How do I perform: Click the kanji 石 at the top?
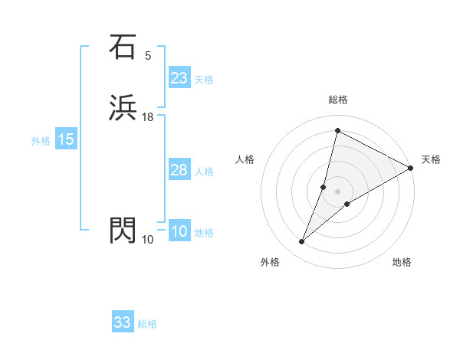click(123, 47)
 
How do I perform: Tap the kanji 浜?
click(123, 108)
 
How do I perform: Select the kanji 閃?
click(123, 230)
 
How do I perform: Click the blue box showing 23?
click(179, 78)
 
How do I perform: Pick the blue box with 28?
click(179, 170)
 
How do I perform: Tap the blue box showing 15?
click(65, 139)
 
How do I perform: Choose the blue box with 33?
click(123, 322)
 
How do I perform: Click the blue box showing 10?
click(179, 231)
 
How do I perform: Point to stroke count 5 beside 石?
click(148, 56)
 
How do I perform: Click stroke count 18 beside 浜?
click(148, 117)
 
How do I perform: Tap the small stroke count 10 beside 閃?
click(148, 240)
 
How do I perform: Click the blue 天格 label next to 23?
click(204, 80)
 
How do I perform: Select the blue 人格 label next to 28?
click(204, 172)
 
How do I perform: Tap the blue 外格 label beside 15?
click(41, 141)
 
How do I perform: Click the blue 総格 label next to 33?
click(147, 324)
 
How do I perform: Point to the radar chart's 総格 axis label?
click(338, 100)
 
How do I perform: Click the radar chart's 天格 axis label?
click(431, 159)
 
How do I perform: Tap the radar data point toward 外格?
click(302, 242)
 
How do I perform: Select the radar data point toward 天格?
click(411, 169)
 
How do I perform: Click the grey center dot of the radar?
click(338, 191)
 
